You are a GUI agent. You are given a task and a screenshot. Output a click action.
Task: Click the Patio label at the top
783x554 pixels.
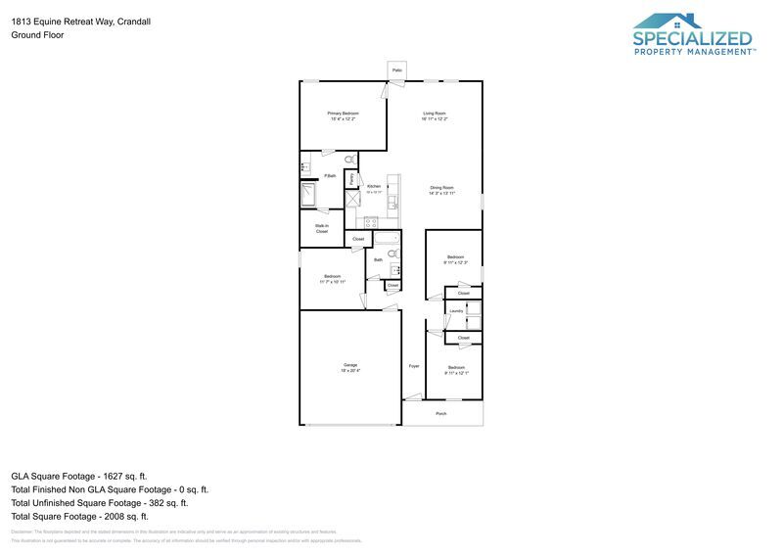point(397,70)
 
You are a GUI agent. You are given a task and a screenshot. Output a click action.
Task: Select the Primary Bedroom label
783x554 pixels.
point(343,114)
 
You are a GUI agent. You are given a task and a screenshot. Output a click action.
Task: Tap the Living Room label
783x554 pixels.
point(435,114)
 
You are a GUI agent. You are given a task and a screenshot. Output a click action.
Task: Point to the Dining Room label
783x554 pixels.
point(441,188)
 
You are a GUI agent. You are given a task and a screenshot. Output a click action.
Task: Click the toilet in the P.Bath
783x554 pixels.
point(350,160)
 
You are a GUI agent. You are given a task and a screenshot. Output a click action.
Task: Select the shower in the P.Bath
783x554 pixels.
point(309,196)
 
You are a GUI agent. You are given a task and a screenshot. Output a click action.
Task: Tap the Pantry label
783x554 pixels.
point(350,180)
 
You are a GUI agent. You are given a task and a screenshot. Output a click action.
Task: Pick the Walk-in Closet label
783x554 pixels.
point(321,228)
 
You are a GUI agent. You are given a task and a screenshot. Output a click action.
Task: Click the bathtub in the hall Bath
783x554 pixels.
point(388,238)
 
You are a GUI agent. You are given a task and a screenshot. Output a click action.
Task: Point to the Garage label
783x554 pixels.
point(349,365)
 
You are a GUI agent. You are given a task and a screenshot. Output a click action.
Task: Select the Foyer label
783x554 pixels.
point(413,365)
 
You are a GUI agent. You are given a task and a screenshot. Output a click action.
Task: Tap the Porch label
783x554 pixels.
point(440,414)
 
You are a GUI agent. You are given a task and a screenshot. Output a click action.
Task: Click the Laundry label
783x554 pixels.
point(455,311)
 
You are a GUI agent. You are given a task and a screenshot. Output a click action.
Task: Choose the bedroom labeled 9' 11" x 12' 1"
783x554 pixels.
point(456,368)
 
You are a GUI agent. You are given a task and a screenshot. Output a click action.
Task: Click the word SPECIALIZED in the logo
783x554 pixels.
point(692,39)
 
